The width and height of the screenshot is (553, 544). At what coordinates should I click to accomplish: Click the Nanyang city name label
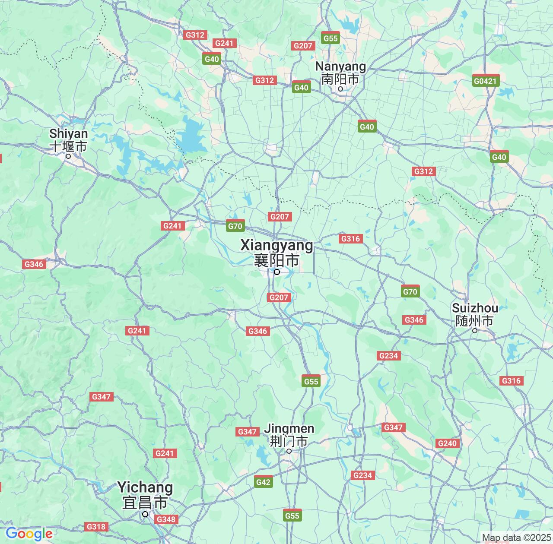tap(340, 73)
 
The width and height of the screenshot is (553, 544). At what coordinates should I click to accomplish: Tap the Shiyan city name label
tap(68, 140)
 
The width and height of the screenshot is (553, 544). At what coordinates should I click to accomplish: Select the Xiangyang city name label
tap(276, 252)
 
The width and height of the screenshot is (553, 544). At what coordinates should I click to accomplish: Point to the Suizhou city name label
tap(475, 314)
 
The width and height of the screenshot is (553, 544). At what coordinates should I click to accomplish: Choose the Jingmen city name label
tap(289, 435)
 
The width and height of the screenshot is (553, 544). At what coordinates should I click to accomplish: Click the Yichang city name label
tap(145, 495)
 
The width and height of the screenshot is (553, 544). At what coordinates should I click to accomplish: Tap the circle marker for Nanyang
tap(340, 89)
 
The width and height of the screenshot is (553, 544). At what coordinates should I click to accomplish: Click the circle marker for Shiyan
tap(68, 156)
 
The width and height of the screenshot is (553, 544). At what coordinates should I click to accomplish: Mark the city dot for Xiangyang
tap(277, 272)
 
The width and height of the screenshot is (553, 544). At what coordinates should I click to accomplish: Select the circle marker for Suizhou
tap(474, 331)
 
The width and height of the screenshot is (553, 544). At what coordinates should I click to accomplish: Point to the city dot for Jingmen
tap(289, 451)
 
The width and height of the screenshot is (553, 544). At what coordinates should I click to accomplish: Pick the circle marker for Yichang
tap(145, 514)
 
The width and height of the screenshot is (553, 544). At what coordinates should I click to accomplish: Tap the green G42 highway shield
tap(263, 482)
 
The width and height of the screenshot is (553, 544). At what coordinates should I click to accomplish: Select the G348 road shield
tap(166, 519)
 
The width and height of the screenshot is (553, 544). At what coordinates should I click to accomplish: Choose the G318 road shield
tap(95, 527)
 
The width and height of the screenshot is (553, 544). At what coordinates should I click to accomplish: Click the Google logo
tap(29, 534)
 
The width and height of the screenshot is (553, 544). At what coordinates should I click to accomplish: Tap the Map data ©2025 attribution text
tap(516, 538)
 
